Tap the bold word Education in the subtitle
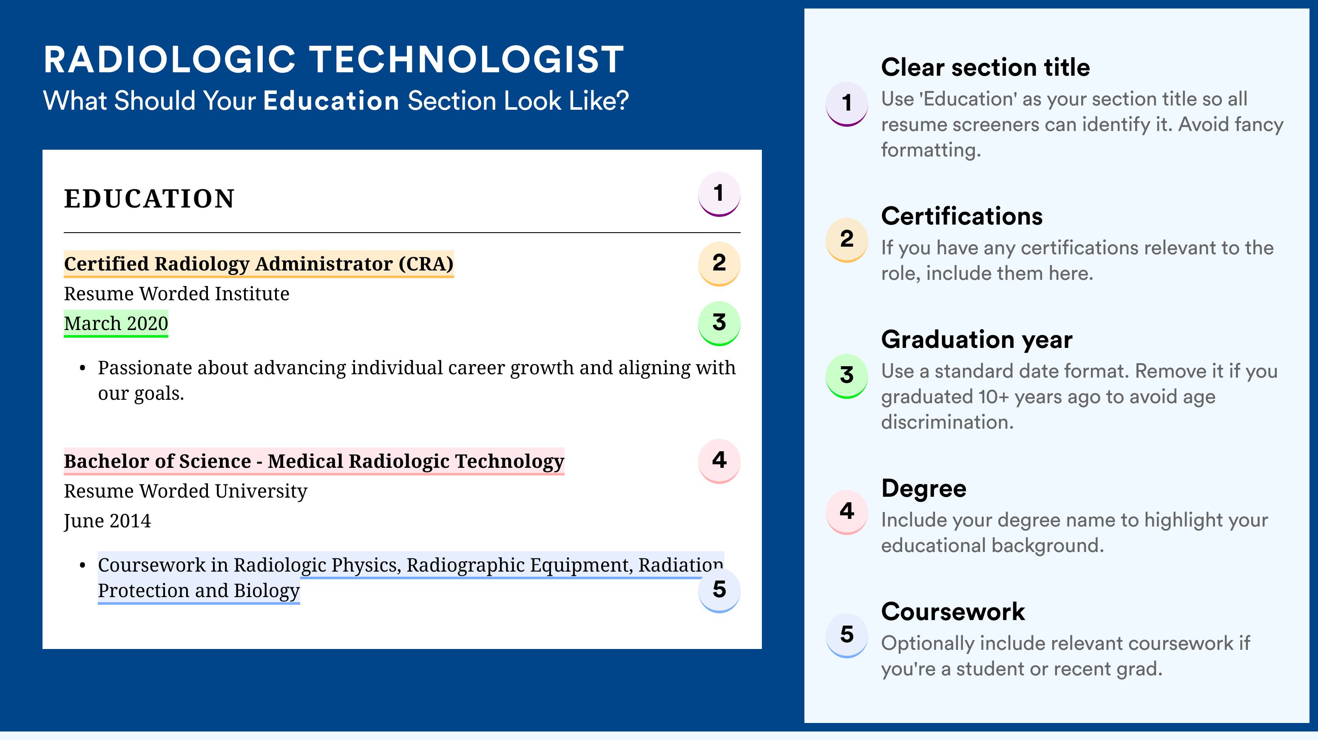tap(331, 100)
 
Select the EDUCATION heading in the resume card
tap(149, 199)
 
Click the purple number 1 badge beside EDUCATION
tap(719, 194)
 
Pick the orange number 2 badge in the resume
tap(719, 264)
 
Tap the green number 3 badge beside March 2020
tap(719, 323)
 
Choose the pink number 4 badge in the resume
tap(719, 461)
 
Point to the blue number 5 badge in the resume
tap(719, 591)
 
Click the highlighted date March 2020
tap(116, 323)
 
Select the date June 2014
tap(108, 521)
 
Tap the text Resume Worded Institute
tap(176, 294)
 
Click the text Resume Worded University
tap(186, 491)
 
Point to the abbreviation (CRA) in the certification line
tap(426, 264)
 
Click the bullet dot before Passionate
tap(82, 368)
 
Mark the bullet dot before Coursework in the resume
tap(82, 566)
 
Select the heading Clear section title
tap(986, 67)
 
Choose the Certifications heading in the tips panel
tap(962, 216)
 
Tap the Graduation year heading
tap(977, 339)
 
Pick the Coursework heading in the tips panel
tap(953, 612)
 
